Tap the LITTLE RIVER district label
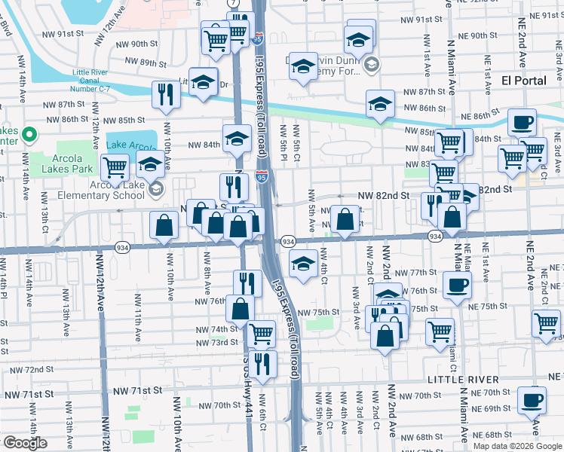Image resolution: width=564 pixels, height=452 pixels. click(x=463, y=379)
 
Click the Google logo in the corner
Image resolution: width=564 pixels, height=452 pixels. click(x=25, y=443)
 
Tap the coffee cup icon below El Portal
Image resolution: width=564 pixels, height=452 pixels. click(x=521, y=122)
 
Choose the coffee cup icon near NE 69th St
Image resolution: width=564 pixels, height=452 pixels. click(x=534, y=399)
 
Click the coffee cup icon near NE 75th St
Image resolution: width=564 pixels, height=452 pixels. click(x=457, y=286)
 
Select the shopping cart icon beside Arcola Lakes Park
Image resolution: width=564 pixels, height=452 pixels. click(x=115, y=168)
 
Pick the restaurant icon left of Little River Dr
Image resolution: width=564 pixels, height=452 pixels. click(x=164, y=94)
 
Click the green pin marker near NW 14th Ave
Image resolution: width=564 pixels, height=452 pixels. click(x=29, y=136)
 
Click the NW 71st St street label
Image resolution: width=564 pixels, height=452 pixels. click(x=138, y=391)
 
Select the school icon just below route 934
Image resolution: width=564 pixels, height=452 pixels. click(x=303, y=264)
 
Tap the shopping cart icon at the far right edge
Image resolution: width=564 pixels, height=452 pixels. click(x=546, y=324)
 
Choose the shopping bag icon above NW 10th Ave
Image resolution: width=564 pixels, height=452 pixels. click(x=164, y=224)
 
